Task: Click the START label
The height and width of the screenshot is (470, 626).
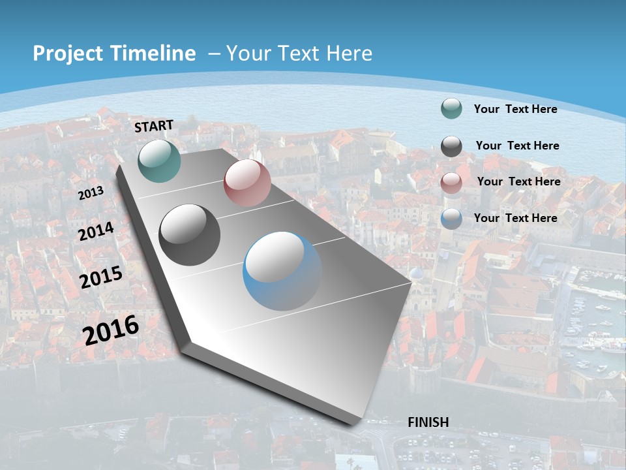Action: (x=154, y=125)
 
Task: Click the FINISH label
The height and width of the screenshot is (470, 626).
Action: (x=428, y=422)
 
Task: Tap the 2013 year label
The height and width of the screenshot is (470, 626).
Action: (x=91, y=193)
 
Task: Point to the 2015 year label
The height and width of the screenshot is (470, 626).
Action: (x=101, y=277)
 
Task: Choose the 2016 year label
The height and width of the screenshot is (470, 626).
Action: (x=111, y=330)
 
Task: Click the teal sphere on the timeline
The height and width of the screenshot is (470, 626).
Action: (x=160, y=161)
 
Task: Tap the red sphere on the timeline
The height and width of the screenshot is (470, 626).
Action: (x=247, y=183)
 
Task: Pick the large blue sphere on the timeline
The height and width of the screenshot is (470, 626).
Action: (x=282, y=271)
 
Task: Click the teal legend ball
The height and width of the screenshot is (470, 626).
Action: (x=451, y=109)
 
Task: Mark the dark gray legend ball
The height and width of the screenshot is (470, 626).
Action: (x=451, y=146)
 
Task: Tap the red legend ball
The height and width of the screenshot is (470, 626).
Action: (x=451, y=183)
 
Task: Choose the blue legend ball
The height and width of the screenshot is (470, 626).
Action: (x=451, y=219)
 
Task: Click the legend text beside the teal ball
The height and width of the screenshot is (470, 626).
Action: (x=515, y=109)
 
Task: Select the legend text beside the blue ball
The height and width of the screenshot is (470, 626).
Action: (x=515, y=218)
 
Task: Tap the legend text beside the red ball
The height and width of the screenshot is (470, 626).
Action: (x=518, y=181)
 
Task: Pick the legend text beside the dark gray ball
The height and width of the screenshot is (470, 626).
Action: (x=517, y=146)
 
